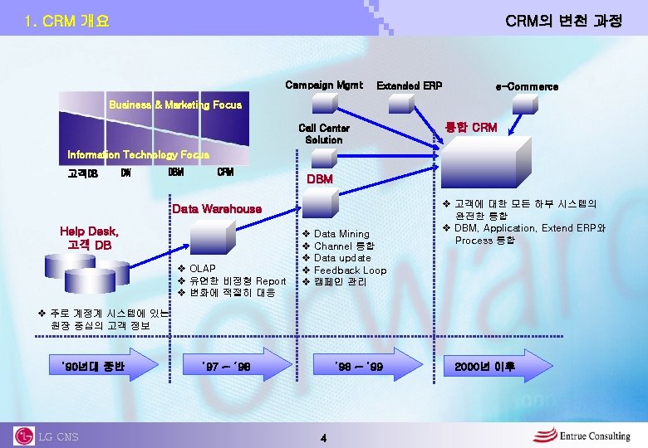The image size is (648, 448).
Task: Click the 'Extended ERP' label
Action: click(410, 85)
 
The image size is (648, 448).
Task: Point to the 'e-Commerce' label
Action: click(527, 86)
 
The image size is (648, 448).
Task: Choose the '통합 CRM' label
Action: click(471, 127)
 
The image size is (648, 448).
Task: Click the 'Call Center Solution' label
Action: click(324, 134)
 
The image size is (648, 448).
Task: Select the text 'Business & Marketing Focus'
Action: click(175, 105)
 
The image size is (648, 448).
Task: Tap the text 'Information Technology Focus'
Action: click(138, 154)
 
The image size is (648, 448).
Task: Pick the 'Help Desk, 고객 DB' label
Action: click(89, 238)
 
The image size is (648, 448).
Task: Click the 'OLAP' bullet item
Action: click(203, 268)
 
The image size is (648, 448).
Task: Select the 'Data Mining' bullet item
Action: click(341, 234)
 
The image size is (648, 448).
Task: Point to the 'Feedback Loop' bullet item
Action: click(350, 270)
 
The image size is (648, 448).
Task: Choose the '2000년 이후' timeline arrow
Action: click(490, 365)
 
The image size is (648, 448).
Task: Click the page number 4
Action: click(324, 437)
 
